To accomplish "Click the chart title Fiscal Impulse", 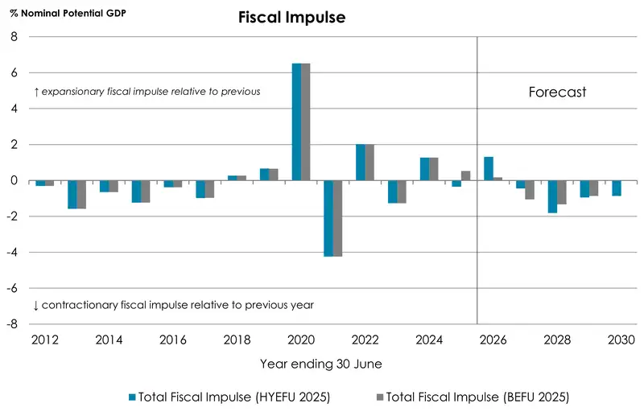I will (291, 18).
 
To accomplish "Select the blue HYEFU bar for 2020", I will (296, 121).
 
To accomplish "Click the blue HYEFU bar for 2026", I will (488, 168).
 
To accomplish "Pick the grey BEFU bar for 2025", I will (465, 175).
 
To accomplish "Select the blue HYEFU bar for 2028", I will (552, 196).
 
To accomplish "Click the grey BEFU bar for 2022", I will (369, 163).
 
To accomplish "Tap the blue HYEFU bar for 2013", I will (72, 195).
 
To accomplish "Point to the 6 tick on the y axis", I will (14, 73).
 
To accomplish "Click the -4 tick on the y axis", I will (11, 253).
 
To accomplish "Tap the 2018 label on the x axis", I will (237, 340).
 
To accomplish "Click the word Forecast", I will (557, 92).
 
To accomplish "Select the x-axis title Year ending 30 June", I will (320, 364).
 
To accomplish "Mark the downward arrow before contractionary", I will (36, 305).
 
